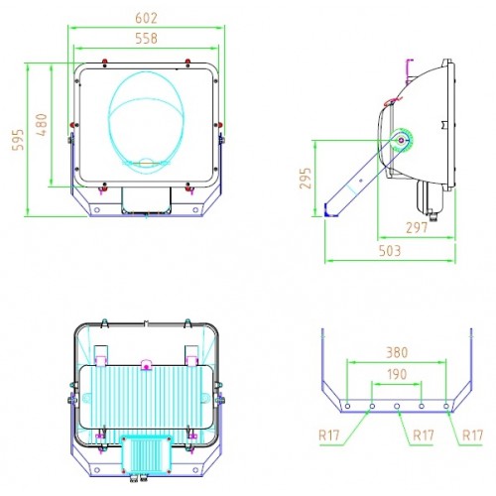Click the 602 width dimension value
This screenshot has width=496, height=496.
(x=146, y=18)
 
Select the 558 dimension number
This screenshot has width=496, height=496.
(x=146, y=39)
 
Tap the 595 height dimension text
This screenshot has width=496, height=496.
(x=18, y=140)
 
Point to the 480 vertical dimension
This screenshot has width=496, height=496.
(x=42, y=125)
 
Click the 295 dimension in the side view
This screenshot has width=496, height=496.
(x=306, y=179)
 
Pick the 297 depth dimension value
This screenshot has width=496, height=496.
(x=417, y=227)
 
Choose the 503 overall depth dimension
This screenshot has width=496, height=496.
(x=390, y=251)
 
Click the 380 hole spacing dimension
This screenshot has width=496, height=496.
(x=397, y=353)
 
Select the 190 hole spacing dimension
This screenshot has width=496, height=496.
(x=397, y=375)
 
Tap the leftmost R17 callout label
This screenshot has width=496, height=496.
(x=329, y=435)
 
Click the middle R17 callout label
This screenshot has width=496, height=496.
(x=424, y=435)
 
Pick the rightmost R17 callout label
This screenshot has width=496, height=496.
(x=472, y=435)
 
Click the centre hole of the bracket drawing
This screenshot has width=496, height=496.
(x=397, y=406)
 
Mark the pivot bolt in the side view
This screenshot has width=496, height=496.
(x=401, y=141)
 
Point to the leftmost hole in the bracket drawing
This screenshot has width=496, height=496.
(x=347, y=406)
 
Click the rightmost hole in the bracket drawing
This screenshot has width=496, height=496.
(x=446, y=406)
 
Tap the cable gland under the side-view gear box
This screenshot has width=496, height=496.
(x=432, y=215)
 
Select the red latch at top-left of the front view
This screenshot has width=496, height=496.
(x=105, y=62)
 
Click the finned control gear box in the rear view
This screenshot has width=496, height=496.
(x=146, y=455)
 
